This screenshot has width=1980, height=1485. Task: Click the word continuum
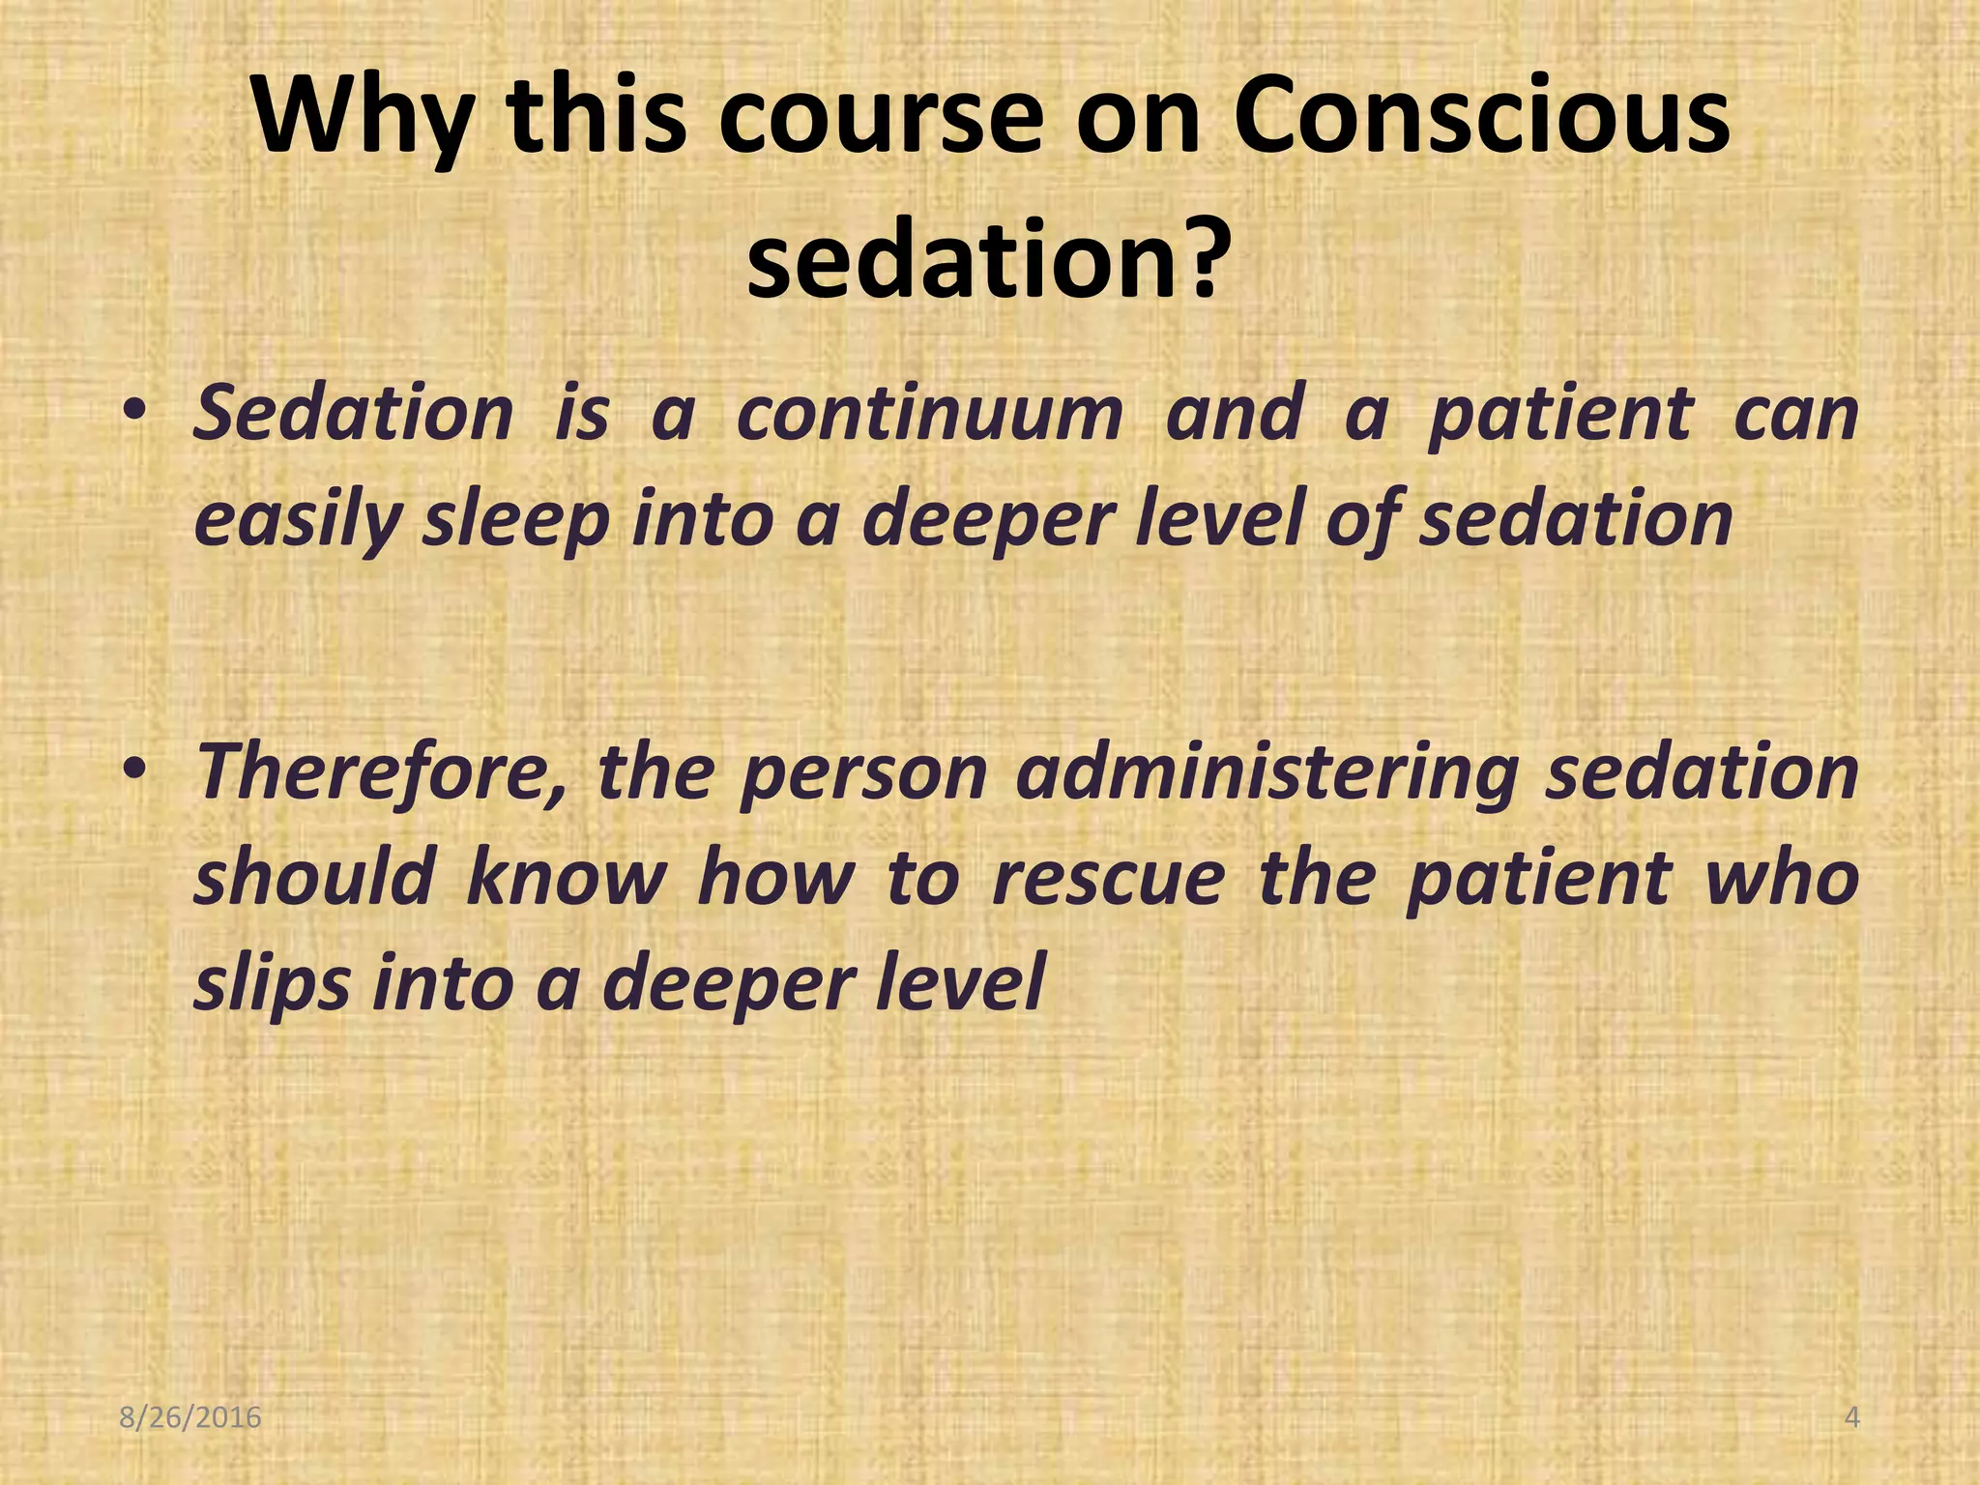929,414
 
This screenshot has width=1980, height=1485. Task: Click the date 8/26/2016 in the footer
190,1417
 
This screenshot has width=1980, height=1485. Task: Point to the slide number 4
1851,1417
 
